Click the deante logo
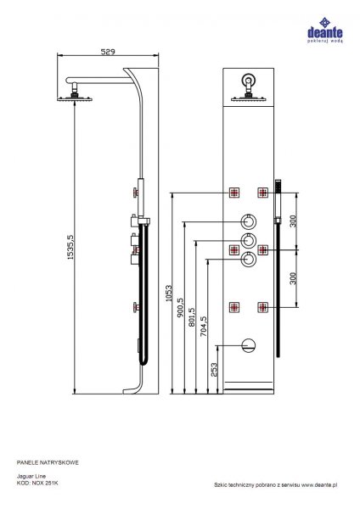[325, 30]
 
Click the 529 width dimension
[108, 52]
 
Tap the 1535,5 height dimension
[70, 247]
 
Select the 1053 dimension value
[169, 294]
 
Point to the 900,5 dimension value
[180, 308]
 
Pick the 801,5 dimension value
[192, 317]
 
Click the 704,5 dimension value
[204, 327]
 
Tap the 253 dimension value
[214, 369]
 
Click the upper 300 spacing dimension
[293, 221]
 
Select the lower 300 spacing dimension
[293, 278]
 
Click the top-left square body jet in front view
[234, 193]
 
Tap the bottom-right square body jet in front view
[263, 307]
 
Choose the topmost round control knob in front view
[249, 222]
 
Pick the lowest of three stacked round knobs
[249, 260]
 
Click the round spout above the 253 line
[249, 346]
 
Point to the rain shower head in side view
[75, 98]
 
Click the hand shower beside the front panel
[278, 201]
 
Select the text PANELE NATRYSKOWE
[48, 462]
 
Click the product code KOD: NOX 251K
[37, 483]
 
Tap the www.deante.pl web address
[319, 485]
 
